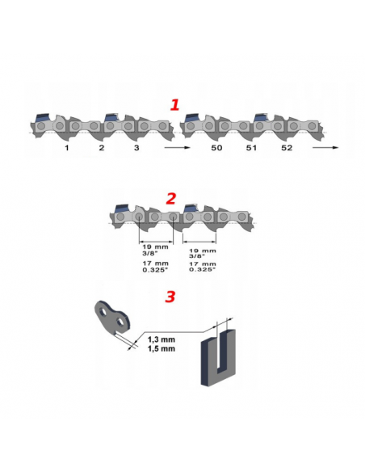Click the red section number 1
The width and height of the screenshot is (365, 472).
tap(174, 105)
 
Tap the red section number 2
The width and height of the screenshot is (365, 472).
tap(170, 199)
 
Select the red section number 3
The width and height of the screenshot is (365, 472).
tap(170, 297)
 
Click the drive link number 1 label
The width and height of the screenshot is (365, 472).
tap(67, 148)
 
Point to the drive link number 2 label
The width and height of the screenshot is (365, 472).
tap(102, 148)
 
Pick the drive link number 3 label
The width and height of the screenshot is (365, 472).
tap(136, 148)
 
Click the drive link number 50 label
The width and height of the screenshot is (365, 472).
tap(216, 148)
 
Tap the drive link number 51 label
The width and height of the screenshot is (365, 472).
tap(251, 148)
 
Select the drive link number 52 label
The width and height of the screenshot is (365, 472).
tap(287, 148)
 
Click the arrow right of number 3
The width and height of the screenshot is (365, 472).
tap(178, 147)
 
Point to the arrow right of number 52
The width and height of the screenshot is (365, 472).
tap(325, 147)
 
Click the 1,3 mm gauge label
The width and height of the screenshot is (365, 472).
tap(162, 339)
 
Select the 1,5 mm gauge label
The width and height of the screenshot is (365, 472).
tap(162, 348)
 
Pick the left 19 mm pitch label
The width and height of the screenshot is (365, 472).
tap(155, 247)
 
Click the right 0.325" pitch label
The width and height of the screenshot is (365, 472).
tap(203, 270)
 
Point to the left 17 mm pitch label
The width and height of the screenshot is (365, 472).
tap(155, 263)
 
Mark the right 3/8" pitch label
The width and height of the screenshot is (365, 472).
tap(197, 256)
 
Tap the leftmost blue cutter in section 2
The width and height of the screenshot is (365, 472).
tap(122, 208)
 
